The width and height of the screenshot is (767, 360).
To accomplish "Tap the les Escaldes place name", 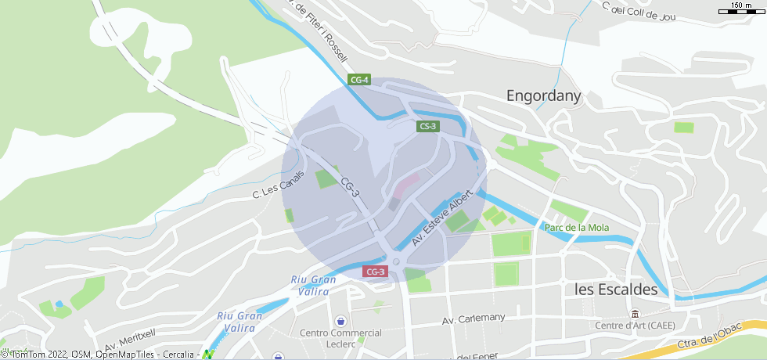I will (616, 289).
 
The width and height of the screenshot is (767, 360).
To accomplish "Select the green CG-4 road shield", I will (359, 80).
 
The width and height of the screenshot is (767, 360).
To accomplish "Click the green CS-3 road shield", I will (427, 126).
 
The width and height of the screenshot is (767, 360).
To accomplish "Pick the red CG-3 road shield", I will (375, 272).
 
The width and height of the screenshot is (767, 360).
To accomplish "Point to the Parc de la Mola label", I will (576, 228).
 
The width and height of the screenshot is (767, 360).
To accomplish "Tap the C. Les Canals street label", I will (277, 185).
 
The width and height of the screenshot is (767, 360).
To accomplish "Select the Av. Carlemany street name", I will (474, 319).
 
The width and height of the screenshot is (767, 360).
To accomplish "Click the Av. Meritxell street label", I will (130, 339).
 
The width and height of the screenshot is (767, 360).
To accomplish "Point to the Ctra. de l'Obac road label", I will (709, 333).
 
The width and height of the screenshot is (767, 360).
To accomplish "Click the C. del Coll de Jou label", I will (638, 9).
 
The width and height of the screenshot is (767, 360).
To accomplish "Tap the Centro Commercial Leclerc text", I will (341, 338).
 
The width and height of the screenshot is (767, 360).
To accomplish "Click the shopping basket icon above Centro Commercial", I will (340, 321).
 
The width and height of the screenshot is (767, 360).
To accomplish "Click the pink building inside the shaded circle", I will (405, 186).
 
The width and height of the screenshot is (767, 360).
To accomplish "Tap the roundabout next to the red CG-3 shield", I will (396, 262).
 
